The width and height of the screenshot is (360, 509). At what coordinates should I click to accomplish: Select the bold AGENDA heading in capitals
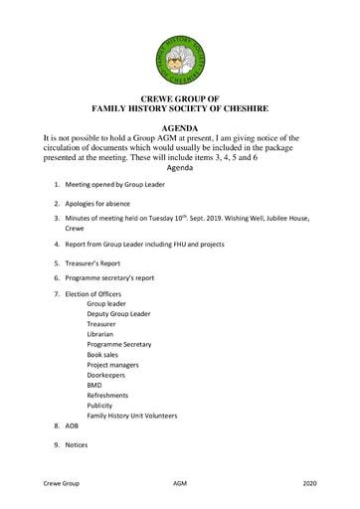point(180,128)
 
